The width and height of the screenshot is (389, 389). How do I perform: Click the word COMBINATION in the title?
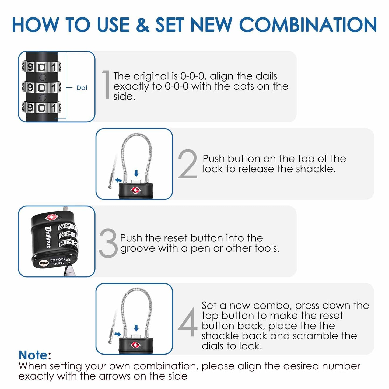pyautogui.click(x=308, y=25)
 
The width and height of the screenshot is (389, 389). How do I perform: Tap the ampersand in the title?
pyautogui.click(x=142, y=25)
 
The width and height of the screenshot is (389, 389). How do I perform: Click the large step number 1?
pyautogui.click(x=107, y=84)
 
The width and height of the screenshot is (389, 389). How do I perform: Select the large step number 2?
pyautogui.click(x=188, y=164)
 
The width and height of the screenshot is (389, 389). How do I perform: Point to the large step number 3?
pyautogui.click(x=108, y=243)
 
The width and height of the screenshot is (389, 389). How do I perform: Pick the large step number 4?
pyautogui.click(x=188, y=322)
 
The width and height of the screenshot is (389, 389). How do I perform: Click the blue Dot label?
pyautogui.click(x=82, y=88)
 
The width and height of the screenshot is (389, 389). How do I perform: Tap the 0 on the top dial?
pyautogui.click(x=42, y=67)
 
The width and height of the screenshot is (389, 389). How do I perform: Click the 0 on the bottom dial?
pyautogui.click(x=42, y=108)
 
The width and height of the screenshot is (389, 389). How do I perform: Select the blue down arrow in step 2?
pyautogui.click(x=136, y=173)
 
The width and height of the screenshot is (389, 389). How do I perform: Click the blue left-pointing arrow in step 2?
pyautogui.click(x=118, y=180)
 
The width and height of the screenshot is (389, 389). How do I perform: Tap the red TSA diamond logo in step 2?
pyautogui.click(x=136, y=191)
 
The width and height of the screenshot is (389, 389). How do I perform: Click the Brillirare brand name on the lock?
pyautogui.click(x=48, y=237)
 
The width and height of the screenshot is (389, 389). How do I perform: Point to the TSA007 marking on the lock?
pyautogui.click(x=57, y=260)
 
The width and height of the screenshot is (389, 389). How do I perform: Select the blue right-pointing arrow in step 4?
pyautogui.click(x=118, y=334)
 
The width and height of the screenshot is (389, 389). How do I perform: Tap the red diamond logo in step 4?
pyautogui.click(x=135, y=345)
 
